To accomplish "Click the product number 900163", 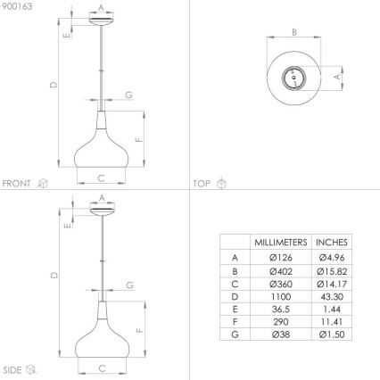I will (16, 6).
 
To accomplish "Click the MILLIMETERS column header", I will (280, 242).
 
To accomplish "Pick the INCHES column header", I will (331, 242).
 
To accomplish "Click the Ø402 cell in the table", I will (280, 270).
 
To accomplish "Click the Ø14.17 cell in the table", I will (331, 284).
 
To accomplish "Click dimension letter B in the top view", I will (293, 33).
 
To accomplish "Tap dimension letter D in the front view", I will (54, 86).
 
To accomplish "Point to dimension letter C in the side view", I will (101, 368).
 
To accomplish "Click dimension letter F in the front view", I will (137, 140).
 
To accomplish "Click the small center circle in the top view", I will (291, 78).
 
